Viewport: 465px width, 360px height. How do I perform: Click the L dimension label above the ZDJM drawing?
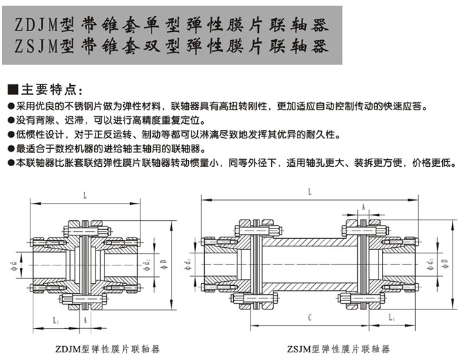click(x=84, y=197)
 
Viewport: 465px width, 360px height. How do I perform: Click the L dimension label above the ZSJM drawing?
click(x=309, y=191)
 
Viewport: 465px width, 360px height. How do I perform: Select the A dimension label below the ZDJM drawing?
click(x=84, y=321)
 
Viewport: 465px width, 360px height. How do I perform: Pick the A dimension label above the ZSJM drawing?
click(x=363, y=207)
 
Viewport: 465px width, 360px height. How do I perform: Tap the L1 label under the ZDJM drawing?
click(x=55, y=321)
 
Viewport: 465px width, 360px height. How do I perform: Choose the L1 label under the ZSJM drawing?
click(x=392, y=316)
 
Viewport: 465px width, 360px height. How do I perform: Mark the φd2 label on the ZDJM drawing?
click(x=147, y=264)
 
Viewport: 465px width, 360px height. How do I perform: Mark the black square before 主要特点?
click(x=11, y=90)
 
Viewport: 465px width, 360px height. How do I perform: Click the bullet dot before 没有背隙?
click(x=9, y=120)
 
